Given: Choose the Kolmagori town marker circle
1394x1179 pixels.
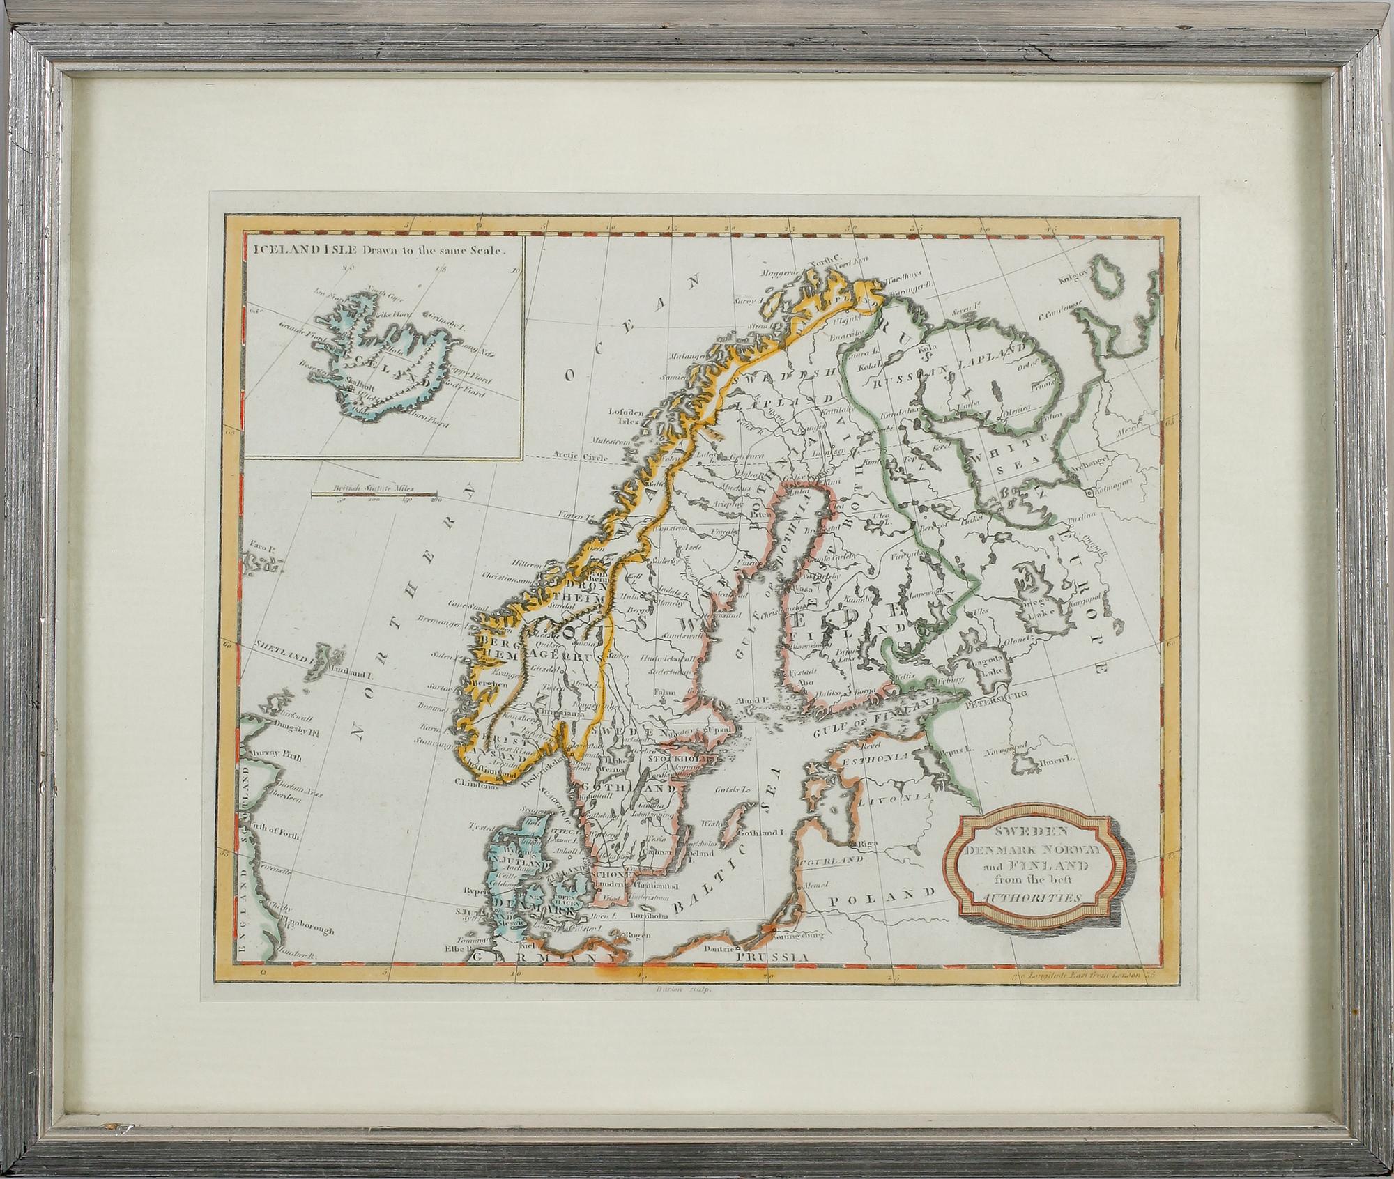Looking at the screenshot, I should pyautogui.click(x=1089, y=493).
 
